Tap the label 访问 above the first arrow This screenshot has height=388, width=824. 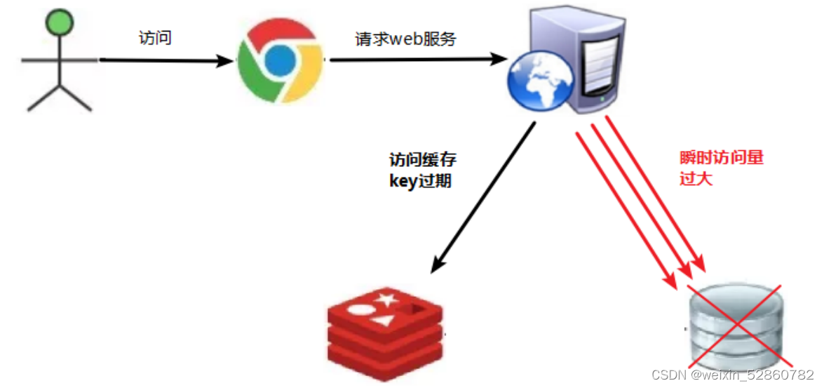point(155,38)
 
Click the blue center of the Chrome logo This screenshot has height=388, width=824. point(280,60)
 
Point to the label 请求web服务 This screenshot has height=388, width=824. point(405,39)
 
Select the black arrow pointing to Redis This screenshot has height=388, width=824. point(484,196)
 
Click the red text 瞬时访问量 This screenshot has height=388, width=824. point(721,158)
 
